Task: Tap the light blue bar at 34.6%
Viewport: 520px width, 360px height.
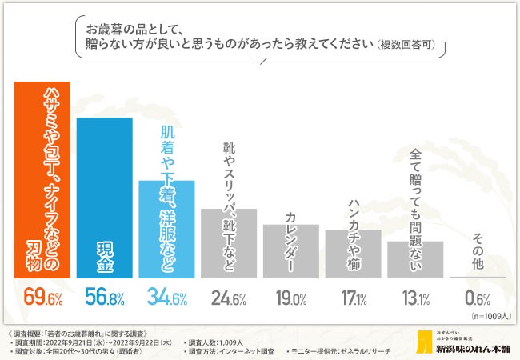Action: click(x=166, y=232)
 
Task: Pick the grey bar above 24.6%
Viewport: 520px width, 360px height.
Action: click(x=229, y=244)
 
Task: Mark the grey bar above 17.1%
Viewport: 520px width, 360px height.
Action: click(x=353, y=254)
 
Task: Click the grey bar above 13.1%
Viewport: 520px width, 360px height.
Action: click(x=415, y=260)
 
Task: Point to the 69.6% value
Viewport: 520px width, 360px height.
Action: click(x=42, y=299)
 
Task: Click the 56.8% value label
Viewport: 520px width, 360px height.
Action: click(x=104, y=299)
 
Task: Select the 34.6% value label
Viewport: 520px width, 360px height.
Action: click(x=166, y=299)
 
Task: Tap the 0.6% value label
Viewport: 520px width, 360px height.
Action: click(x=478, y=299)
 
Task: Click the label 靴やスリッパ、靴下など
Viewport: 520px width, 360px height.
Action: click(x=229, y=176)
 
